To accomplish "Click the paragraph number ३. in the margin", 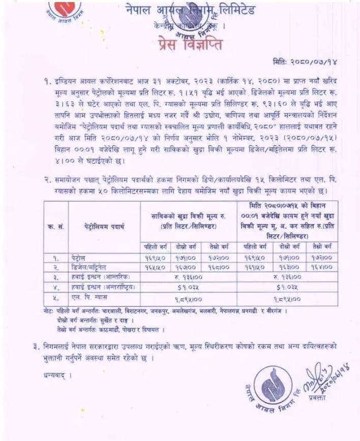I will (x=37, y=346).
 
